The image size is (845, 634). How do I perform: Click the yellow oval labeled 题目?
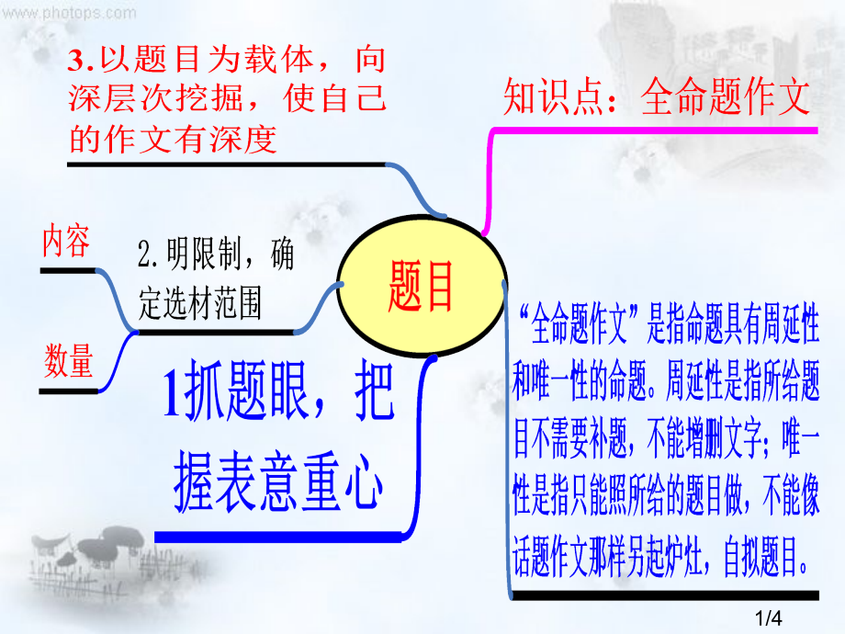[x=422, y=286]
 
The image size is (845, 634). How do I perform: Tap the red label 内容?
[x=66, y=241]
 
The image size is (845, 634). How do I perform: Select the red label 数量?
[x=69, y=361]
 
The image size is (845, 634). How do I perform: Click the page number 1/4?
[x=769, y=617]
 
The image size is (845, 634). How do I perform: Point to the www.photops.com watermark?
[x=69, y=12]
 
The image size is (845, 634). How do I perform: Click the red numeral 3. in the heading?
[x=81, y=61]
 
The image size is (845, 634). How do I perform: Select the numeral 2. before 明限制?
[x=147, y=254]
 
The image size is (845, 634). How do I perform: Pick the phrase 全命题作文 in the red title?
[x=726, y=96]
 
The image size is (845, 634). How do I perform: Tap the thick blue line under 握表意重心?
[x=278, y=537]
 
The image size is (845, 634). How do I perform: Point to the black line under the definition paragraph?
[x=665, y=595]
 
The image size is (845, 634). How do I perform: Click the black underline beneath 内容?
[x=68, y=271]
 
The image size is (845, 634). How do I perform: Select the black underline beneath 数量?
[x=69, y=391]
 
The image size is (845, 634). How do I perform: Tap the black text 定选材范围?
[x=200, y=303]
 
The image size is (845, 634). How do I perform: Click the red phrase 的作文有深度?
[x=173, y=139]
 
